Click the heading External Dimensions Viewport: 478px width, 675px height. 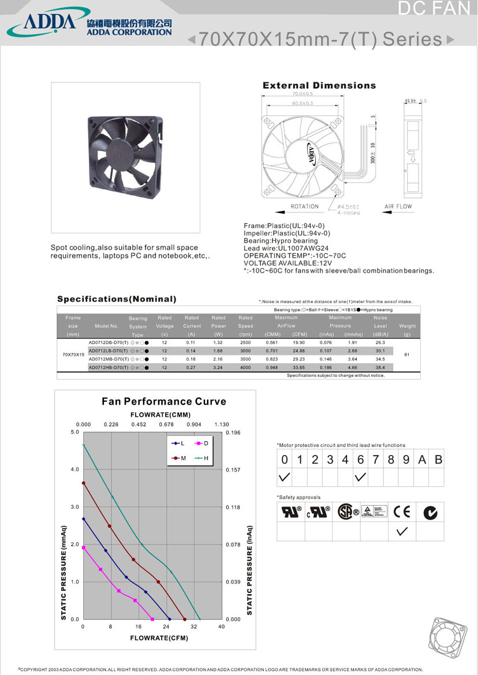(319, 85)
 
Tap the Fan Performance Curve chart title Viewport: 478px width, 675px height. (164, 401)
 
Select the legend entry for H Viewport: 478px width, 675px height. (201, 458)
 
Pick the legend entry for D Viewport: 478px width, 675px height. (201, 443)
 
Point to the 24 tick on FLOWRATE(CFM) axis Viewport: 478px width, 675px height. (166, 626)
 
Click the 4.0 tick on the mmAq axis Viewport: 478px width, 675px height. (75, 469)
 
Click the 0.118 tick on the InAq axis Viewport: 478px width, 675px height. (233, 507)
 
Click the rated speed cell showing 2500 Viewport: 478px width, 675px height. (245, 342)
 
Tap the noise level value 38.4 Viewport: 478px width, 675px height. (380, 367)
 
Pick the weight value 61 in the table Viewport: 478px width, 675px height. (407, 355)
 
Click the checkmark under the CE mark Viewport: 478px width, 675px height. (402, 531)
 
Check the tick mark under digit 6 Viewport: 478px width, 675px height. (361, 478)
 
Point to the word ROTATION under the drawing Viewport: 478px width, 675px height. (305, 206)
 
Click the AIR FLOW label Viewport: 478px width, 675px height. (398, 206)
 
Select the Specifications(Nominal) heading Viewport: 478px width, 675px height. (117, 299)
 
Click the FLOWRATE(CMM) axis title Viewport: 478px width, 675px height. (160, 415)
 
